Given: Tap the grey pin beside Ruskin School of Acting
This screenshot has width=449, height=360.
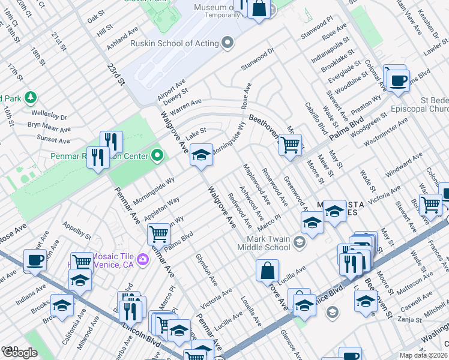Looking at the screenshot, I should (228, 43).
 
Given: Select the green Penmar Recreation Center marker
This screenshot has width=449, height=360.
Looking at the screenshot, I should (157, 156).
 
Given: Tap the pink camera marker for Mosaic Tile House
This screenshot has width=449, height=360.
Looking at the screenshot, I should (143, 259).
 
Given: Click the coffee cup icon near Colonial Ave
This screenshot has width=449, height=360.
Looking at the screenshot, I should (398, 80).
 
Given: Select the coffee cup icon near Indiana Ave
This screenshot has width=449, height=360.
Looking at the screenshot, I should (35, 260).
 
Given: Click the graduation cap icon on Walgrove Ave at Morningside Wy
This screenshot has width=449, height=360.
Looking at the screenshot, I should (202, 155).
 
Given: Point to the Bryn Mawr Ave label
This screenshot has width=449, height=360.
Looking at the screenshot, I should (49, 127).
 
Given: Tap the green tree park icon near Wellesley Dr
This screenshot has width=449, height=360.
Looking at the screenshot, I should (30, 98).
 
